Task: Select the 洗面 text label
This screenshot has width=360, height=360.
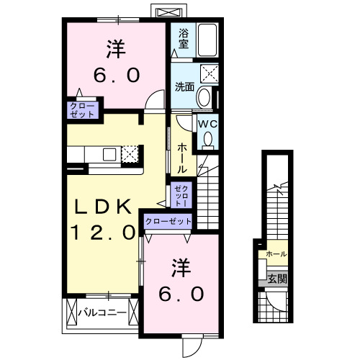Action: [184, 87]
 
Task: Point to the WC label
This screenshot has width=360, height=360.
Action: [207, 124]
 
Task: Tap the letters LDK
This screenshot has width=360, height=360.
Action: [104, 208]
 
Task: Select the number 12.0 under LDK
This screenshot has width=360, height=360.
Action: [103, 233]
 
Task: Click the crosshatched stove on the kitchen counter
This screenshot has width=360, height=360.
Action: [130, 153]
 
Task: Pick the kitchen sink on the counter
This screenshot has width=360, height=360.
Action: [109, 153]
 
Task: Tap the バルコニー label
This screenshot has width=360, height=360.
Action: [102, 312]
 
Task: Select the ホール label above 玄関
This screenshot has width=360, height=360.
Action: [276, 255]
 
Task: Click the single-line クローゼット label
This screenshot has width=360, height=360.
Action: [168, 222]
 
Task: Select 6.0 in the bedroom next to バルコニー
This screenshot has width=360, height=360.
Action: [181, 293]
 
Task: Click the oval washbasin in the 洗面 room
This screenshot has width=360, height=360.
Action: [204, 99]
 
